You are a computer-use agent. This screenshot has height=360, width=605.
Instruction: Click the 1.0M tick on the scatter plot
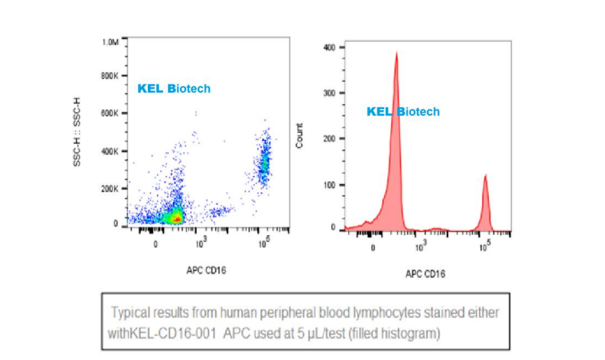pos(110,42)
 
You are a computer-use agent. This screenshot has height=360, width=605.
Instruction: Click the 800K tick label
pos(110,76)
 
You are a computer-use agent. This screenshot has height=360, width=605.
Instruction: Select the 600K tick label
pos(110,113)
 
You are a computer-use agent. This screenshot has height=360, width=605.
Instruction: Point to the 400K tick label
pos(110,151)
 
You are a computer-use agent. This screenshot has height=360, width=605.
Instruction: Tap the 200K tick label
pos(110,189)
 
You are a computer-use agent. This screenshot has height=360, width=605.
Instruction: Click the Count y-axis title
pos(301,135)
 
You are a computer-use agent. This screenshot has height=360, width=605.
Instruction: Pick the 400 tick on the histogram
pos(330,47)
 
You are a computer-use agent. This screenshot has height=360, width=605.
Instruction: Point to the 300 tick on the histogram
pos(330,93)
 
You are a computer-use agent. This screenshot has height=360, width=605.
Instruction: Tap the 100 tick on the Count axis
pos(330,184)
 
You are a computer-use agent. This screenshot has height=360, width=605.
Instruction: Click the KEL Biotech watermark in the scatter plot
pos(174,88)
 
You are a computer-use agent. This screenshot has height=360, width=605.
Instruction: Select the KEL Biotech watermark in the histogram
pos(402,112)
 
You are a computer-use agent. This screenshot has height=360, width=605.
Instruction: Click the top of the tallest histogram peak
pos(397,54)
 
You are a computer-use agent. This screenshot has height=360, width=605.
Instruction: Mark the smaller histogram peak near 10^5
pos(485,177)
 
